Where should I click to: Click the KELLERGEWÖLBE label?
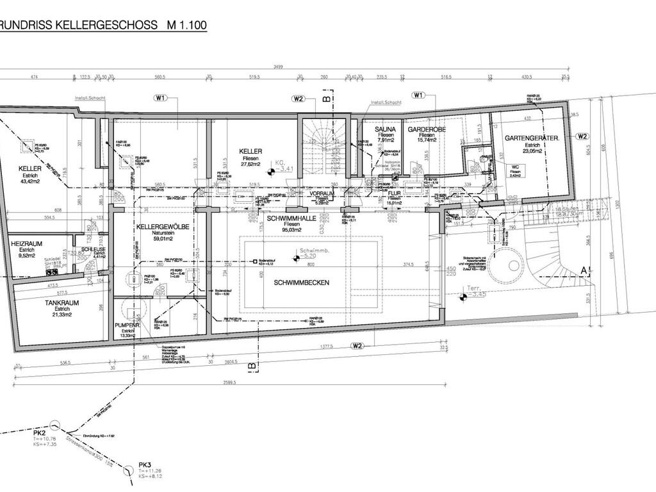coord(161,227)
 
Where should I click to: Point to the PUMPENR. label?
coord(127,325)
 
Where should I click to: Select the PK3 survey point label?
coord(145,465)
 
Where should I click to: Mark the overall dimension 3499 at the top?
coord(277,67)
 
